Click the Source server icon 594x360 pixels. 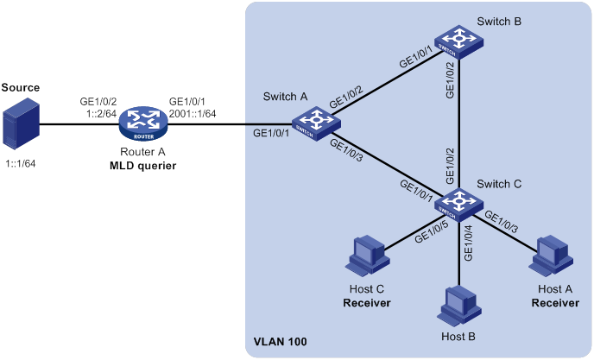(x=21, y=123)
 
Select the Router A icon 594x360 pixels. (x=142, y=123)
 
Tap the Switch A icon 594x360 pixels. (x=316, y=123)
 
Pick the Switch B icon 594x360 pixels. (x=458, y=42)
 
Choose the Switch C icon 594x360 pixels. (x=458, y=205)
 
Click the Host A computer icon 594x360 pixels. (x=551, y=255)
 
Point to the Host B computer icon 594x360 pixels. (x=459, y=306)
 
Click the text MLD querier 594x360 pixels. (x=142, y=166)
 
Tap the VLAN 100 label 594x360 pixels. (x=280, y=341)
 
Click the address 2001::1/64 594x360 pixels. (x=193, y=113)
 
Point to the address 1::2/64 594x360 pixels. (x=101, y=113)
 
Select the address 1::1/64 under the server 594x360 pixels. (x=21, y=164)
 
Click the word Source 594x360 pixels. (x=21, y=87)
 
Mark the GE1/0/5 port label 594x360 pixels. (x=431, y=232)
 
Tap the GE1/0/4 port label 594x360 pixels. (x=469, y=243)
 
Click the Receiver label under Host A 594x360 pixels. (x=555, y=303)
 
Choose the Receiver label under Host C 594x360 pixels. (x=367, y=303)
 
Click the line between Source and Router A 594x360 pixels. (x=79, y=124)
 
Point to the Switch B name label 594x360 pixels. (x=499, y=22)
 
